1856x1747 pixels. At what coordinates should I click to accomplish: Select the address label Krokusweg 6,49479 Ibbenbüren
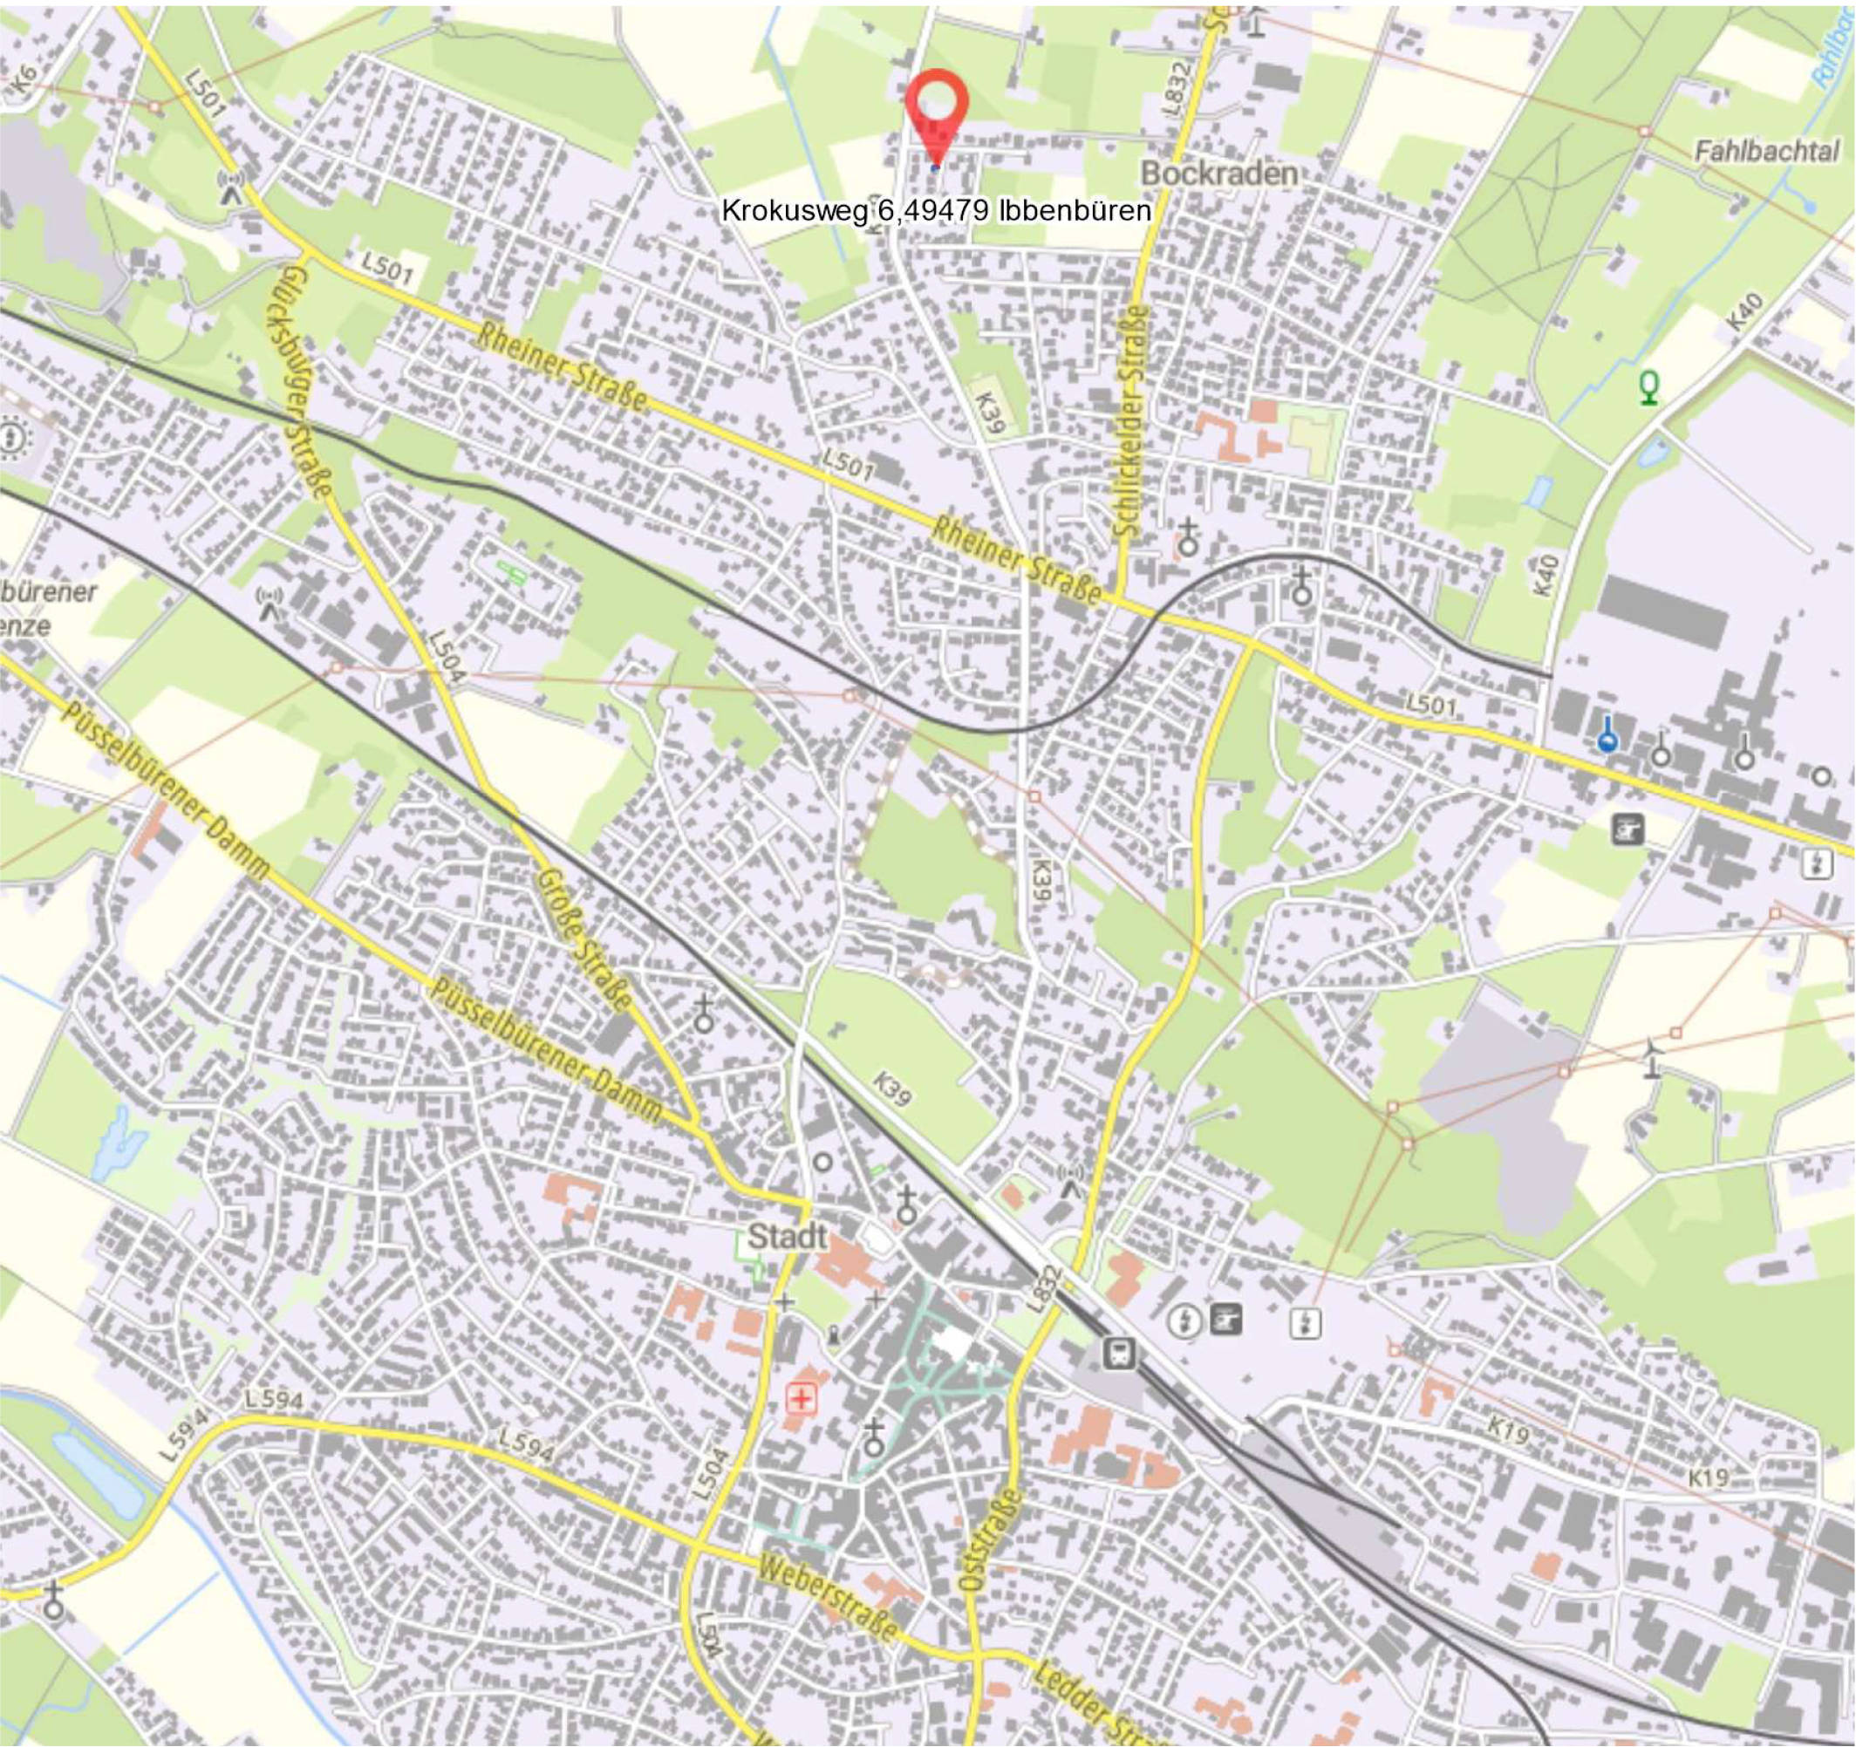coord(936,211)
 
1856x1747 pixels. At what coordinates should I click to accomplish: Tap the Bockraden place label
coord(1219,174)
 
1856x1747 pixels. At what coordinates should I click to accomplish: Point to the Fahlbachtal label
coord(1767,150)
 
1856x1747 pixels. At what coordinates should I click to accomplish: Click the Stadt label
coord(787,1237)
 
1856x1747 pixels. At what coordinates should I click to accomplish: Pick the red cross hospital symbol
coord(801,1397)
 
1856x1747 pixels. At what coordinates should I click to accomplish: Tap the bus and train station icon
coord(1118,1352)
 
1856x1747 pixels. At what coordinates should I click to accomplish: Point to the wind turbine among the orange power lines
coord(1652,1058)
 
